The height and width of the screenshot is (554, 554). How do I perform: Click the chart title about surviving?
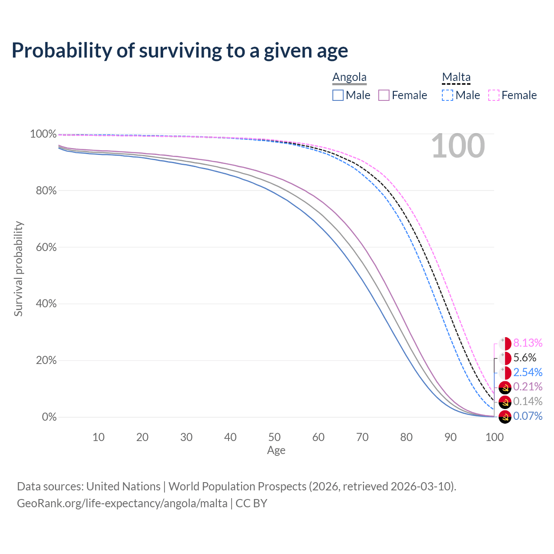(x=180, y=51)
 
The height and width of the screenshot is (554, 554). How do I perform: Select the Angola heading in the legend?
(x=349, y=77)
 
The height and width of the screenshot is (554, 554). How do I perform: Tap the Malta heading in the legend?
(x=456, y=77)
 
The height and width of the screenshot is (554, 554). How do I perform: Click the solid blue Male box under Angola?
(x=338, y=95)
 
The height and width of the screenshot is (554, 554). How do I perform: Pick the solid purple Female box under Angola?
(x=384, y=95)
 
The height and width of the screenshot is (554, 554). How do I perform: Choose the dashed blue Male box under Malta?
(x=448, y=95)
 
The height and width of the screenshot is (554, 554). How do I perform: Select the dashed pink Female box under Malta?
(x=494, y=95)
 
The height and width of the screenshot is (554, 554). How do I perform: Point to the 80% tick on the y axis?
(x=43, y=190)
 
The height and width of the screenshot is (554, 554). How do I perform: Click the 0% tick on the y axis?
(x=49, y=417)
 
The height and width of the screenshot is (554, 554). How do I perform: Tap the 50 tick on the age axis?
(x=274, y=437)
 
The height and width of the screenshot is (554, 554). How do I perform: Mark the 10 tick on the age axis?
(x=99, y=437)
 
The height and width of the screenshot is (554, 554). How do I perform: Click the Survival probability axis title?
(x=18, y=269)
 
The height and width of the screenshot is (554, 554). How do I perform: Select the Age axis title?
(x=276, y=451)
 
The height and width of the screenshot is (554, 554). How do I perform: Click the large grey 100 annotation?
(x=458, y=146)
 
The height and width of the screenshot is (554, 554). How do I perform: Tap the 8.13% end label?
(x=528, y=343)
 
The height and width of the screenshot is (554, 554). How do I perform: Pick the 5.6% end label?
(x=525, y=358)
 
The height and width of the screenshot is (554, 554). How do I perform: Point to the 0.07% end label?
(x=528, y=416)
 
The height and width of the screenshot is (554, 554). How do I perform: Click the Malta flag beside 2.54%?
(x=505, y=373)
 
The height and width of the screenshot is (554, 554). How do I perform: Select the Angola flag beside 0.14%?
(x=505, y=402)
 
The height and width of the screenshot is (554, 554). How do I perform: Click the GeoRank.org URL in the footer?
(x=122, y=503)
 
